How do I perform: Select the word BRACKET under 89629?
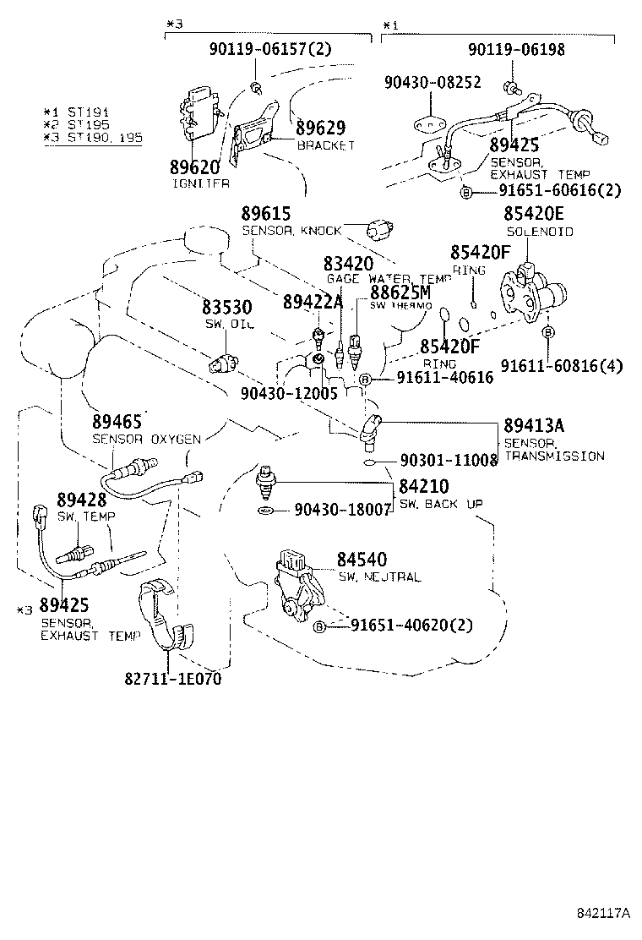325,145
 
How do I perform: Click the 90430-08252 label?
432,82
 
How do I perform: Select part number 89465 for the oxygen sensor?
117,422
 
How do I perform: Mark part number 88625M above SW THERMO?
400,292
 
